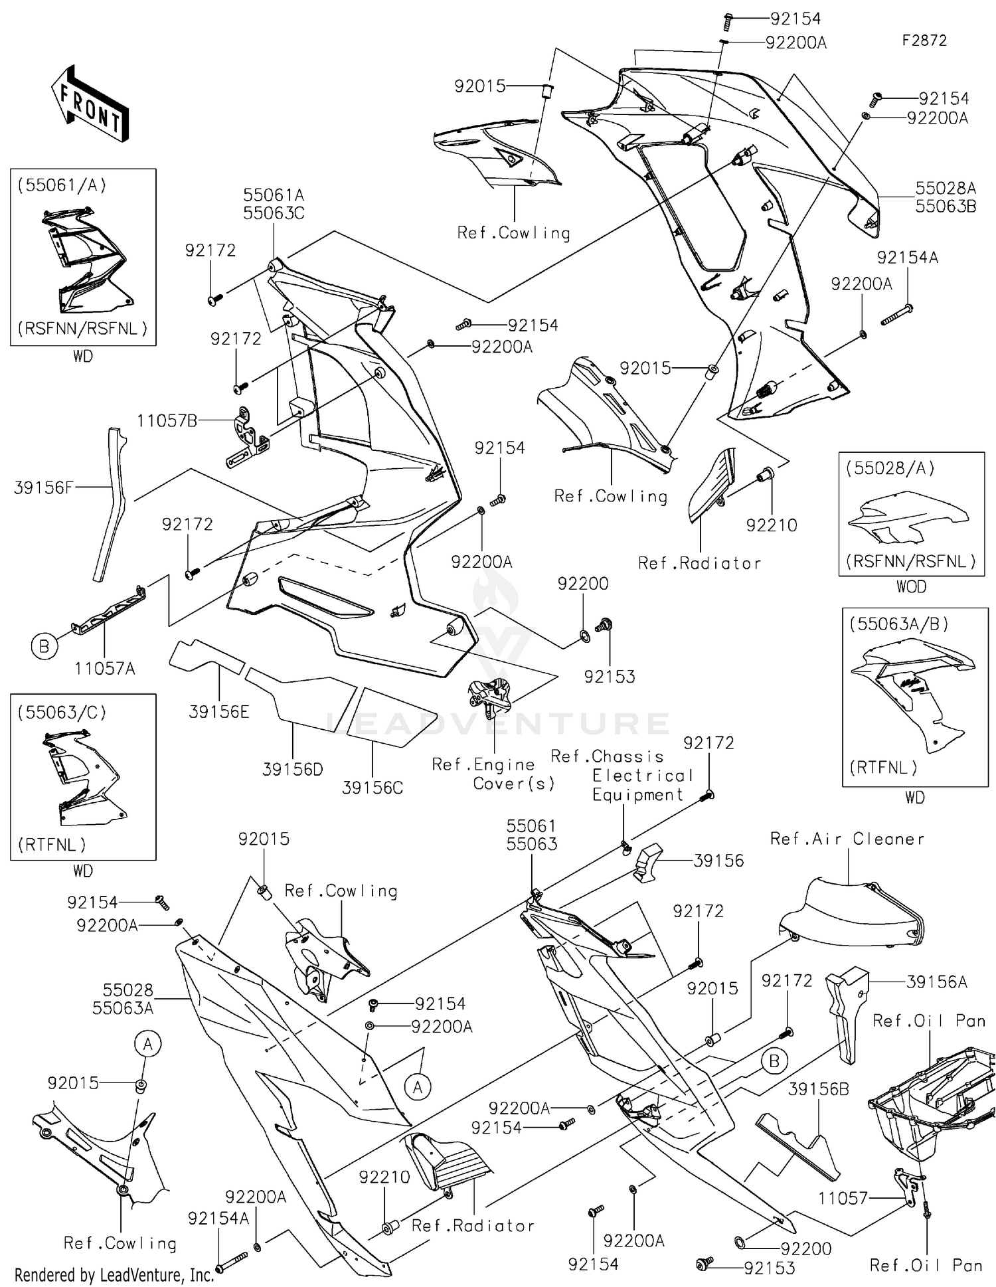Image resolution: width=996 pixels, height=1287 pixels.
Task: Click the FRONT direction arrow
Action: coord(90,103)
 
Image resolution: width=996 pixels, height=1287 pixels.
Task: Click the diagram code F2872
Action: coord(924,41)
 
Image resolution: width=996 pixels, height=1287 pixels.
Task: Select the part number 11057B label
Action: coord(167,421)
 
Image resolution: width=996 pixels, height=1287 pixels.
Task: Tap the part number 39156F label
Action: coord(43,488)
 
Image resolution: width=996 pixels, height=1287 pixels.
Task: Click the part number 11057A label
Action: coord(104,669)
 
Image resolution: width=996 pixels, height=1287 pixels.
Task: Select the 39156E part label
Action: coord(219,713)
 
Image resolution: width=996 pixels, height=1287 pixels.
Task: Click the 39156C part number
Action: coord(373,788)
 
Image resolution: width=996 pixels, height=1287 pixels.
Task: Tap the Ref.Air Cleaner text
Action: coord(847,839)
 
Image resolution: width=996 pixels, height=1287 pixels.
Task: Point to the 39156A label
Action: coord(936,982)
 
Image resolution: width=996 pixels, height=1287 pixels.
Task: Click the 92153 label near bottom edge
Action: coord(769,1268)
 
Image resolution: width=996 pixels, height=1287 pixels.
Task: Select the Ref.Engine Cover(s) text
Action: coord(493,774)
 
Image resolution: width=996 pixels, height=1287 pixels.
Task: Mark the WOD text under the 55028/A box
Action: coord(911,587)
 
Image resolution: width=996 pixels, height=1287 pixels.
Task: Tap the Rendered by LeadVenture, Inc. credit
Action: coord(114,1275)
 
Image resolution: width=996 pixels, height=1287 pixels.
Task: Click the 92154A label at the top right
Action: coord(907,258)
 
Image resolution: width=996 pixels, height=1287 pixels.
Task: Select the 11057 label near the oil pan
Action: coord(843,1199)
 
